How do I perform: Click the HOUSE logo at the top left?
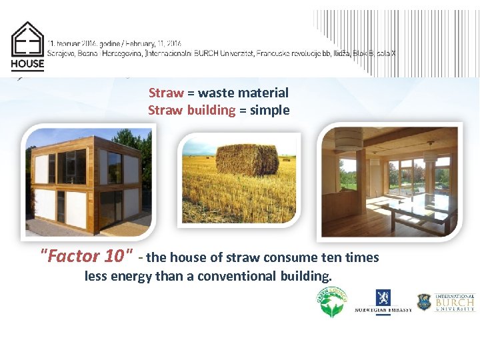point(27,47)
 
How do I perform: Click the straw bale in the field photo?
point(247,160)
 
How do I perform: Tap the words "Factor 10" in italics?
point(87,256)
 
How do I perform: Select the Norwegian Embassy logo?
point(382,302)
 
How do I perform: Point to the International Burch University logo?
point(446,302)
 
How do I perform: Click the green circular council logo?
point(331,302)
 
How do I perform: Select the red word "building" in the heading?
point(211,110)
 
